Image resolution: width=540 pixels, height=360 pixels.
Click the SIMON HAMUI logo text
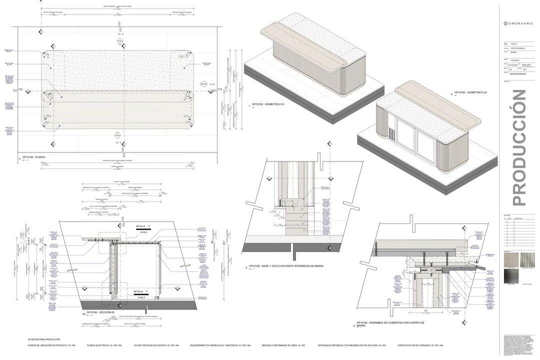click(518, 23)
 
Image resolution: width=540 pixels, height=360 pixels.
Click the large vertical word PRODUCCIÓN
click(519, 147)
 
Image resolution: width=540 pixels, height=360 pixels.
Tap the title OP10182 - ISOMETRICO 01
click(268, 104)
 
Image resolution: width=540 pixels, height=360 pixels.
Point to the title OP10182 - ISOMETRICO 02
click(470, 93)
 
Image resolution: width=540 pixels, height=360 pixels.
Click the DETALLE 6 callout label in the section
click(142, 226)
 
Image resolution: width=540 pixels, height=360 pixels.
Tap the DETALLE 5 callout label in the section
click(140, 291)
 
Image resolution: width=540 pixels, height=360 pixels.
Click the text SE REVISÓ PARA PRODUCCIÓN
click(44, 339)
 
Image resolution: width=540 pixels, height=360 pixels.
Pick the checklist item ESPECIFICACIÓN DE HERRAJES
click(420, 345)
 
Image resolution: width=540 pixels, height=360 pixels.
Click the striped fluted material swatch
click(528, 259)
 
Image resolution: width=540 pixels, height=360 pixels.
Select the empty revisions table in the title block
click(519, 231)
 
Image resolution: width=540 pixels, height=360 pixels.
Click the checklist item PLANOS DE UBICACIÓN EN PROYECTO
click(51, 345)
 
